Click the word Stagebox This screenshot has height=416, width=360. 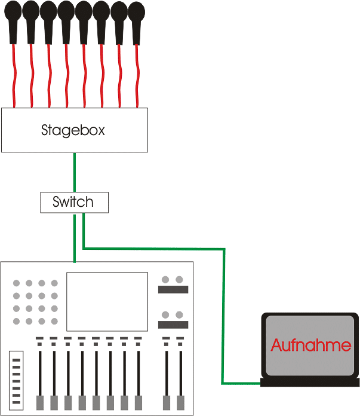tap(73, 130)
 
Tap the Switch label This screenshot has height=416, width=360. tap(73, 202)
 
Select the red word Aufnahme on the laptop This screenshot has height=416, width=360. tap(310, 345)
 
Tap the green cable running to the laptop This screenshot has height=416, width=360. tap(224, 311)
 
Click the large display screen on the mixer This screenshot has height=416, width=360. tap(107, 301)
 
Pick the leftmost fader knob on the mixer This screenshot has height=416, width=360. tap(40, 402)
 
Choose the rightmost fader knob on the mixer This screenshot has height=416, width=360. tap(180, 402)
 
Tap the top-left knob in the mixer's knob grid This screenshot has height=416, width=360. tap(17, 283)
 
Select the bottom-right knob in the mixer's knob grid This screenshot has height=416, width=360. tap(54, 322)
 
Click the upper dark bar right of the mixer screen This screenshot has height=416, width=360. tap(173, 290)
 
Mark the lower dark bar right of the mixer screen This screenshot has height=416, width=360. tap(173, 325)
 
